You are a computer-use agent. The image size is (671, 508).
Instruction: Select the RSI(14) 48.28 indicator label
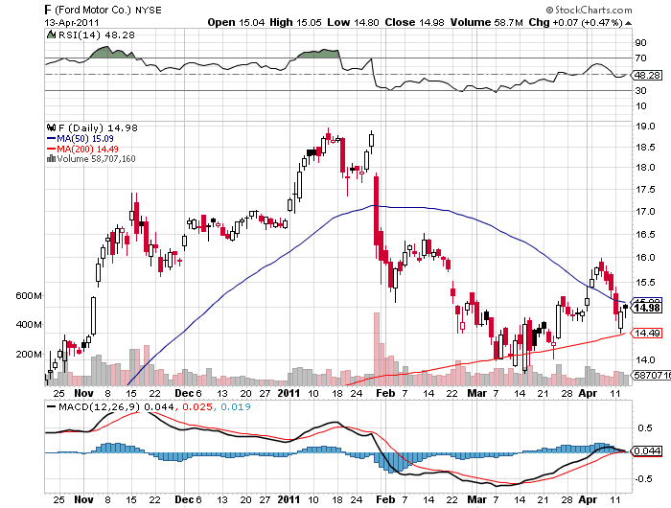88,34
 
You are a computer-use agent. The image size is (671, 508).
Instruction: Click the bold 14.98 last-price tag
647,308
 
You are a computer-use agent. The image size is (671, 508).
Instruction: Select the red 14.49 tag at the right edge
647,333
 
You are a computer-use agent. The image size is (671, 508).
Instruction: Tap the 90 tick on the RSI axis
639,43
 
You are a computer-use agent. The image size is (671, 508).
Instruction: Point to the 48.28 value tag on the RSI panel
646,74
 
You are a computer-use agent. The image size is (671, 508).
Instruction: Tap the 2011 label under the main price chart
288,393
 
